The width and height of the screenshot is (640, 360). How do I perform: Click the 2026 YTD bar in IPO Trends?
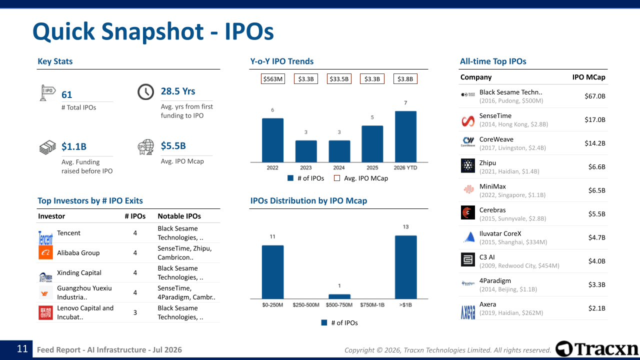point(405,136)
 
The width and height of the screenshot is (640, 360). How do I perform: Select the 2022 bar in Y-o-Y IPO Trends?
point(272,140)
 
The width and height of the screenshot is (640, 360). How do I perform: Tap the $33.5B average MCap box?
point(339,79)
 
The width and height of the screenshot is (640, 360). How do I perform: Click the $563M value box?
point(273,79)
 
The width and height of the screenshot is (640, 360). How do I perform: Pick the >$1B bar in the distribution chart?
point(405,267)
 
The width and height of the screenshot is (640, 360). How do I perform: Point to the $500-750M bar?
point(339,296)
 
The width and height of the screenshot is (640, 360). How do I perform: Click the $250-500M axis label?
point(305,305)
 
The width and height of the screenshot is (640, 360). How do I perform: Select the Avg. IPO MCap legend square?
point(337,178)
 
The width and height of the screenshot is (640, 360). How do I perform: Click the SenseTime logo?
point(468,120)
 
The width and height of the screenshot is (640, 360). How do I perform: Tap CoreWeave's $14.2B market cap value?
point(595,143)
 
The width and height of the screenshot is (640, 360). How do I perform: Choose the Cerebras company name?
point(492,210)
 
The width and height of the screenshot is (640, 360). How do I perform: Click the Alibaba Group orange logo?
point(45,252)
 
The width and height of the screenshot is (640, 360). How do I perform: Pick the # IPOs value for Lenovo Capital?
point(135,312)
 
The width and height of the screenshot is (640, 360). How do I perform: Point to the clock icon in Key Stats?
point(145,92)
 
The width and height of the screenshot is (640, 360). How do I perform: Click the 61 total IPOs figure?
point(67,94)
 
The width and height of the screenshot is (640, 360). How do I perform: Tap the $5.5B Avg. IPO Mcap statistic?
point(173,145)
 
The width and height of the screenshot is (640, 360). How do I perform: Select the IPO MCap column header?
point(589,77)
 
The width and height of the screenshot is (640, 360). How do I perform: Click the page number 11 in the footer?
point(22,349)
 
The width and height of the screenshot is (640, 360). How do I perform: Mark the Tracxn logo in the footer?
point(596,348)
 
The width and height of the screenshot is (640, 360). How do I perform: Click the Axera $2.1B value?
point(597,308)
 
